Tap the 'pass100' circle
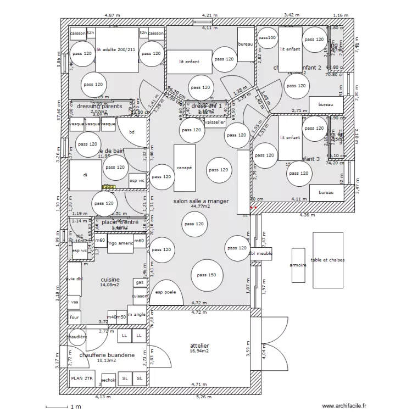pos(268,38)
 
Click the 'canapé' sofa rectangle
pos(184,168)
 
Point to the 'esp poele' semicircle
pos(166,292)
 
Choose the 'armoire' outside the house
pos(298,265)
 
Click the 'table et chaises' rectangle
pos(328,260)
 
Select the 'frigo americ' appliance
pos(120,243)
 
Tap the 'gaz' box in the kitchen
pos(140,282)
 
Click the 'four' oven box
pos(74,318)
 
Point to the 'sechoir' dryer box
pos(109,379)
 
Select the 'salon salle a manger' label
pos(201,202)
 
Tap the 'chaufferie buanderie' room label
pos(107,355)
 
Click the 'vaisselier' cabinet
pos(214,123)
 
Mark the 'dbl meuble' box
pos(260,254)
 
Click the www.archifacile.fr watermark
pos(344,406)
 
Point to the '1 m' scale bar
pos(63,407)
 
